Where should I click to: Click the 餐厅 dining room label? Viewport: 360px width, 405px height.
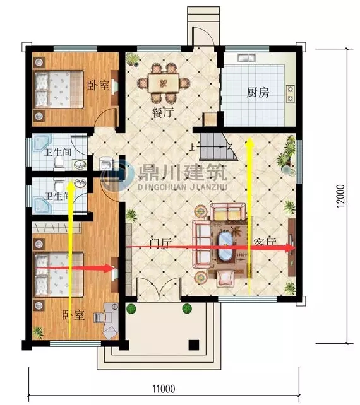tap(162, 114)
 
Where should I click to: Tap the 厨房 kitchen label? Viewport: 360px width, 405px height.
tap(258, 93)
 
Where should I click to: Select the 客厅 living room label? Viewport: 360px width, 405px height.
tap(265, 243)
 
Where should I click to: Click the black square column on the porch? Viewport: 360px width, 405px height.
tap(195, 345)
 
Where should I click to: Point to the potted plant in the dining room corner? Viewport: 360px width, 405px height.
tap(133, 59)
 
